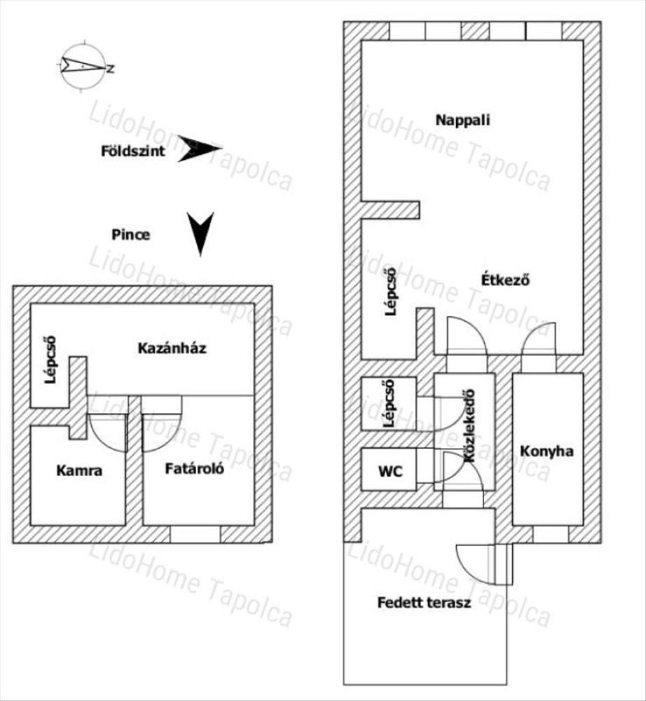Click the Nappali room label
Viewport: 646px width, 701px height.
(x=462, y=119)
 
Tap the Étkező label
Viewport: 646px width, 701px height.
(x=504, y=280)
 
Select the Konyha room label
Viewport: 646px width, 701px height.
(x=547, y=451)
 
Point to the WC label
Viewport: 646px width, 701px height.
(x=390, y=471)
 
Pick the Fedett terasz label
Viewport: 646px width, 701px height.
(x=423, y=602)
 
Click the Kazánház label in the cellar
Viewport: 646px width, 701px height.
(x=172, y=348)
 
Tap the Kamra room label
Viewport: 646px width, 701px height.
(x=79, y=470)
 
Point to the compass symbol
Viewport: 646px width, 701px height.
(x=83, y=67)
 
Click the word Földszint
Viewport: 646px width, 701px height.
(x=133, y=150)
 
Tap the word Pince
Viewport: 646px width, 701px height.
(x=130, y=234)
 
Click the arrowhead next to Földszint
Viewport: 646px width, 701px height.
(x=199, y=149)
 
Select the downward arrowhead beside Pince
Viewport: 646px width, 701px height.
(x=200, y=233)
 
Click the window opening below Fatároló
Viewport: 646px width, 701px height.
(x=195, y=534)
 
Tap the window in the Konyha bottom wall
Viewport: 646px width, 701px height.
(x=551, y=533)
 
